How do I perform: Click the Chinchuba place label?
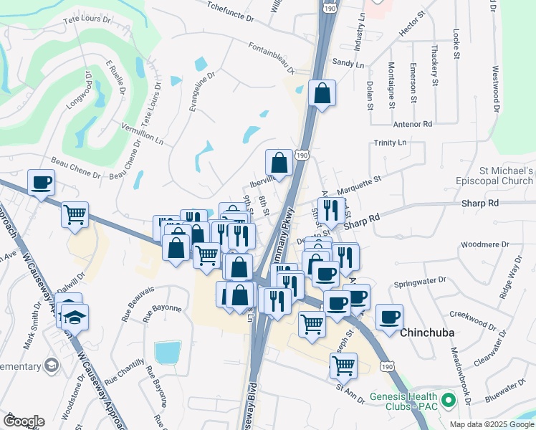click(429, 333)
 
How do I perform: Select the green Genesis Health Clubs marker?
click(449, 398)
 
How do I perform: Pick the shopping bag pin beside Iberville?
click(279, 163)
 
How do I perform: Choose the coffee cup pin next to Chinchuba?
click(389, 317)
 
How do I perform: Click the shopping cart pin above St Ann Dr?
click(344, 365)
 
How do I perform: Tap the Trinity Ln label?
click(390, 143)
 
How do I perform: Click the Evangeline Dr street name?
click(202, 90)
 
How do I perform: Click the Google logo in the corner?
click(23, 421)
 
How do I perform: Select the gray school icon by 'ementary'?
click(51, 365)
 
